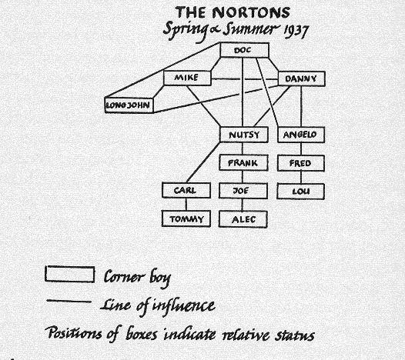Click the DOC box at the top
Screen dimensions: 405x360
tap(244, 50)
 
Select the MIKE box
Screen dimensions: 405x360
tap(187, 78)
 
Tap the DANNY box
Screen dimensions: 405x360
tap(301, 78)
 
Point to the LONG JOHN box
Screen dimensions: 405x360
tap(129, 105)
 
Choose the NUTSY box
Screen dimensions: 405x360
tap(244, 135)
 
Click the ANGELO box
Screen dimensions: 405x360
tap(301, 135)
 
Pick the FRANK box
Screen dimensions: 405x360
tap(243, 163)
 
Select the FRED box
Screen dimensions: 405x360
tap(300, 163)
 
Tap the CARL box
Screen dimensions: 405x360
tap(186, 191)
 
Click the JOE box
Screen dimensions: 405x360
tap(243, 191)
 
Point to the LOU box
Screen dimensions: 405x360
tap(300, 192)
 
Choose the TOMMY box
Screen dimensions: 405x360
tap(186, 218)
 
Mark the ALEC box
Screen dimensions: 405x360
tap(243, 219)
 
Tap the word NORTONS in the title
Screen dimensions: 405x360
tap(251, 12)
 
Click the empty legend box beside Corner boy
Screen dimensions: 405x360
tap(70, 274)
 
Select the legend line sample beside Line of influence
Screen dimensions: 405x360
tap(69, 302)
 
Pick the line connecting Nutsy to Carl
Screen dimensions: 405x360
tap(203, 162)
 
